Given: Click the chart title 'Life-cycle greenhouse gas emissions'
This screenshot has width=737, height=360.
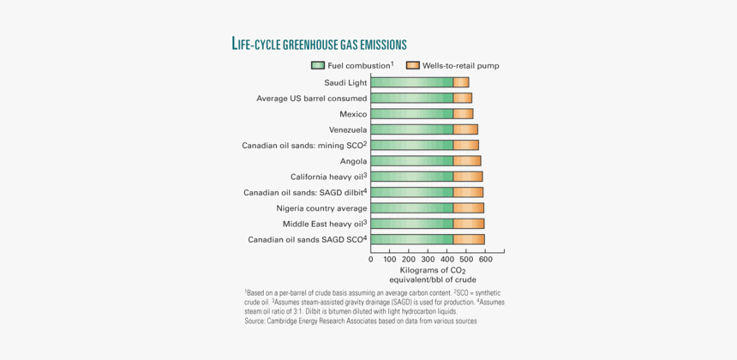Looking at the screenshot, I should pos(319,44).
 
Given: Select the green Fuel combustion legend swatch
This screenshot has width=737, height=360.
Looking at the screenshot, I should pos(317,65).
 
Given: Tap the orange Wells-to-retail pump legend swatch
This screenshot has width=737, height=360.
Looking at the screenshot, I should pos(412,65).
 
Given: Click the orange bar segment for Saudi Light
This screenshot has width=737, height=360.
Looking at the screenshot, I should pos(461,82).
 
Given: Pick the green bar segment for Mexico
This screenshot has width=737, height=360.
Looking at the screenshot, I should pos(412,114).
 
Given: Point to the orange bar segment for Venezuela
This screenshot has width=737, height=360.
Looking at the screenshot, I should pos(465,129).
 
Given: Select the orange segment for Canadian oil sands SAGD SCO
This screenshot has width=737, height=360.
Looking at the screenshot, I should pos(469,239).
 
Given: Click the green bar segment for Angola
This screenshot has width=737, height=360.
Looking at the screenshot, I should pos(412,161).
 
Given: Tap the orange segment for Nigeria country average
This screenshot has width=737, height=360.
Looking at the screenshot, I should pos(468,208).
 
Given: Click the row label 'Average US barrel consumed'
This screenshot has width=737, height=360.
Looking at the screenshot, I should pos(312,99).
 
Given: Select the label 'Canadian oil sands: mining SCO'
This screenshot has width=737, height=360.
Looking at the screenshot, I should pos(303,146).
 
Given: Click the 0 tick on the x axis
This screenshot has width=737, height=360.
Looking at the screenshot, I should pos(371,259).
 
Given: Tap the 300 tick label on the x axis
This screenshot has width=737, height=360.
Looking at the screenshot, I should pos(428,259).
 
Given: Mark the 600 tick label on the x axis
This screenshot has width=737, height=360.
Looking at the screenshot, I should pos(485,259).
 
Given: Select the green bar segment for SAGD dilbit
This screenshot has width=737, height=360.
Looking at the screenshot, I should pos(412,192).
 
